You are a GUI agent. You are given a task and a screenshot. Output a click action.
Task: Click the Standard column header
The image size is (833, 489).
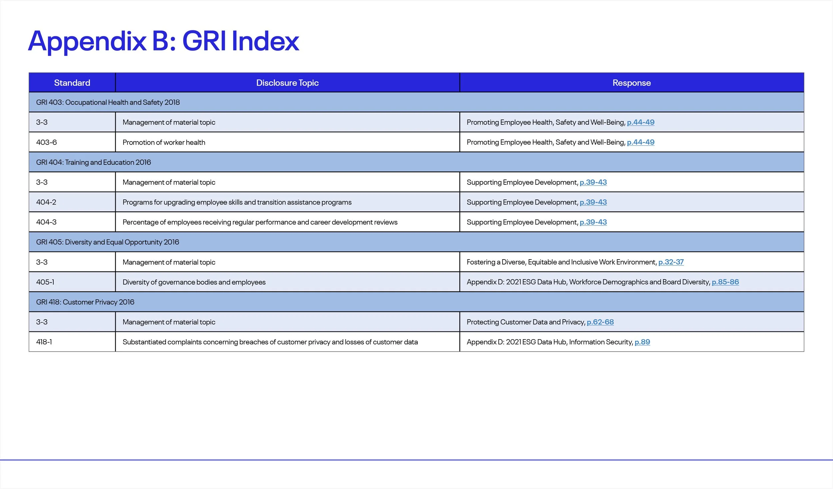point(72,83)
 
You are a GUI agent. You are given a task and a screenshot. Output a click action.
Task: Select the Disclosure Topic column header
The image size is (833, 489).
point(287,83)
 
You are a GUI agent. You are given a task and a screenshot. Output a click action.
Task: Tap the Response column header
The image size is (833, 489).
point(631,83)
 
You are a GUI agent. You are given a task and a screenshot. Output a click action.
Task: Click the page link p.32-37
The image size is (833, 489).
point(671,262)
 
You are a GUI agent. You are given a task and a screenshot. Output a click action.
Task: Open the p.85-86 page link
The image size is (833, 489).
point(725,282)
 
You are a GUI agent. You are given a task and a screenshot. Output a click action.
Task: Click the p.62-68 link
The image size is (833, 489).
point(600,322)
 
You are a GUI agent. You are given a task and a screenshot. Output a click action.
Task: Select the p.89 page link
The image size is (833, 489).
point(642,342)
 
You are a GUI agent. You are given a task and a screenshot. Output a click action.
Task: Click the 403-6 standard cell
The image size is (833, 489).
point(46,142)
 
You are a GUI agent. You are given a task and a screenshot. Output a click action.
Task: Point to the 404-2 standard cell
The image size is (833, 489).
point(46,202)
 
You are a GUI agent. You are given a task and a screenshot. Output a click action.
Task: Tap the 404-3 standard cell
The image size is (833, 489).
point(46,222)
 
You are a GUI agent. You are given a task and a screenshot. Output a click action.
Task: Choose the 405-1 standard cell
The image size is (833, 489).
point(45,282)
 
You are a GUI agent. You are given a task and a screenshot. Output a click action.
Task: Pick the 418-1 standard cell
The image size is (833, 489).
point(44,342)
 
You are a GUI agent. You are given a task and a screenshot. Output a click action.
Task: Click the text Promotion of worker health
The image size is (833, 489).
point(164,142)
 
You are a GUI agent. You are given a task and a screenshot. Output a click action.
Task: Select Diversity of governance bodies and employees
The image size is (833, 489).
point(194,282)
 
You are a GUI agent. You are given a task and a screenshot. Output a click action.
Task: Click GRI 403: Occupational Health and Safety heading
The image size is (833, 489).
point(108,102)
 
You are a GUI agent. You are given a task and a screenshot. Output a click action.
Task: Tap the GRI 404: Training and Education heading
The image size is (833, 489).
point(93,162)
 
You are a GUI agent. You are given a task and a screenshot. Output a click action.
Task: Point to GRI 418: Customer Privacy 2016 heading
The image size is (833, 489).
point(85,302)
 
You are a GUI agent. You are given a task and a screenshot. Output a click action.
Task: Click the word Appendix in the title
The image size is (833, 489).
point(87,41)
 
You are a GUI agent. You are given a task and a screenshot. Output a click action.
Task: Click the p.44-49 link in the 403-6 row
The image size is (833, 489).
point(640,142)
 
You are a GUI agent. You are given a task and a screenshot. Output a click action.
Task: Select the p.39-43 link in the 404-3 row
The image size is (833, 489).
point(593,222)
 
